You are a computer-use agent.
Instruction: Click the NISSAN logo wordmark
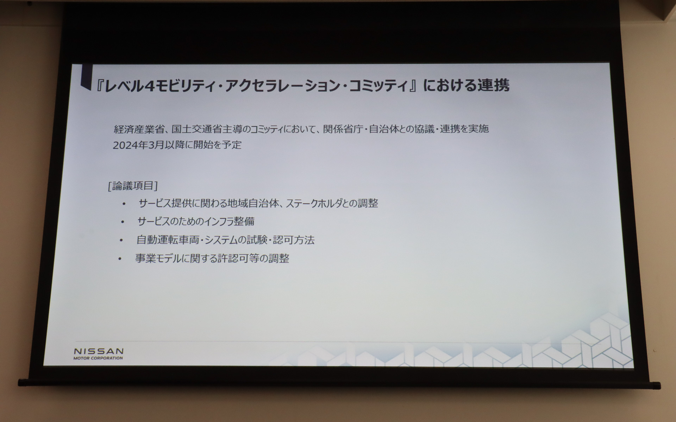tap(99, 351)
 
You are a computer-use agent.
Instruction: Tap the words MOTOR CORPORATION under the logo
tap(98, 358)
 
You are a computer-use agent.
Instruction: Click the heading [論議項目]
tap(133, 186)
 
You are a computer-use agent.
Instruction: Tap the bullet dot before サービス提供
tap(124, 204)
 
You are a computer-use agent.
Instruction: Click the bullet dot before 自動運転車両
tap(121, 241)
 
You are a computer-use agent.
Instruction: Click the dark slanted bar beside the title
tap(86, 77)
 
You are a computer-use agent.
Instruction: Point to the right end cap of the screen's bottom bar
tap(656, 386)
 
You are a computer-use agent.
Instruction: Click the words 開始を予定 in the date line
tap(217, 145)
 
